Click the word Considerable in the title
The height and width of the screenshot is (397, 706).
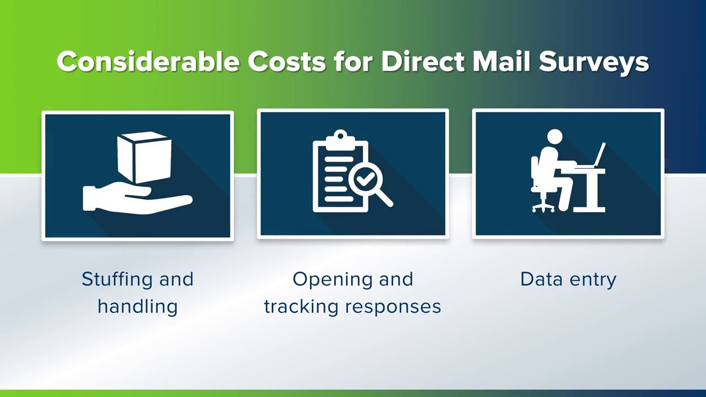pyautogui.click(x=148, y=61)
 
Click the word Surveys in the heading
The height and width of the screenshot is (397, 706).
pyautogui.click(x=593, y=62)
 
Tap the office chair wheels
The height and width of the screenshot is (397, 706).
pyautogui.click(x=543, y=208)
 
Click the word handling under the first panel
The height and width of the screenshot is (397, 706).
pyautogui.click(x=137, y=307)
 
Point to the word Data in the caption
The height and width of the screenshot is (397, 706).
pyautogui.click(x=539, y=279)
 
